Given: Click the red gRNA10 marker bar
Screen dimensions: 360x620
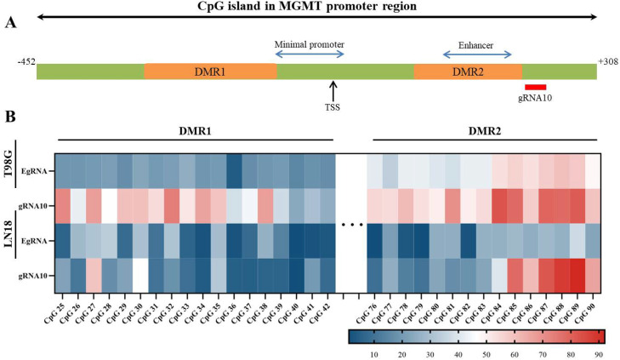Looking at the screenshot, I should coord(535,86).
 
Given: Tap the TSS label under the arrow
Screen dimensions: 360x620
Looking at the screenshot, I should coord(333,108).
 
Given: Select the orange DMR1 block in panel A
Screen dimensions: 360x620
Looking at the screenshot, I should coord(210,71).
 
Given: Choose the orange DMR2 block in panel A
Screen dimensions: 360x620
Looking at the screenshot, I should coord(468,71).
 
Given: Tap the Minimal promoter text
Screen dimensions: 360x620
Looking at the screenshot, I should coord(310,43).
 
